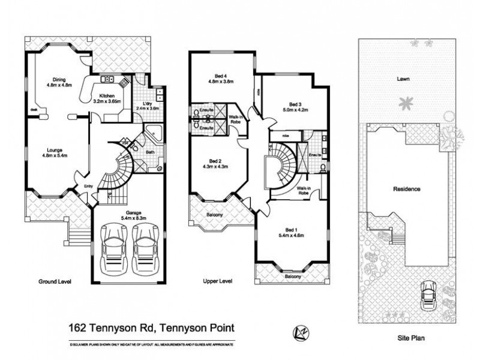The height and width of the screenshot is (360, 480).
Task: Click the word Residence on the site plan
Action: click(406, 189)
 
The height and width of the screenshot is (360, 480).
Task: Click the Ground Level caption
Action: click(55, 281)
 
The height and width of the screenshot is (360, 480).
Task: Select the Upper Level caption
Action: click(217, 281)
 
